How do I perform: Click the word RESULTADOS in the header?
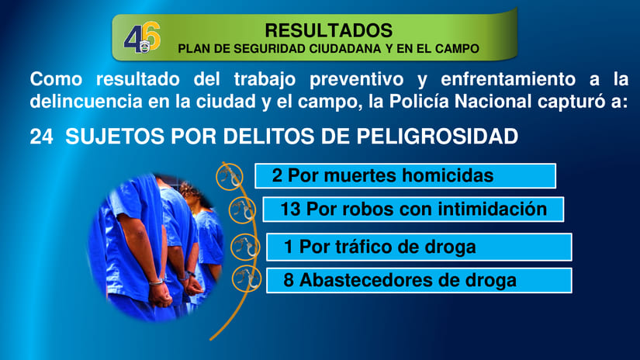point(328,30)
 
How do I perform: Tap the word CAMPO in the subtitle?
point(456,48)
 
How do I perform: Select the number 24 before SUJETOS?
point(41,137)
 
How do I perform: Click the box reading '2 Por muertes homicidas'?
point(405,176)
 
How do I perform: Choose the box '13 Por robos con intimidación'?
point(413,209)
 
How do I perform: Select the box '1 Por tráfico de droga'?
point(419,247)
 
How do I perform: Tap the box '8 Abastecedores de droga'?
point(419,280)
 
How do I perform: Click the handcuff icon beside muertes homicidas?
point(227,176)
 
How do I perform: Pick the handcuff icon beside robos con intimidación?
point(242,209)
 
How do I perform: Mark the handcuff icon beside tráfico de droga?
point(244,247)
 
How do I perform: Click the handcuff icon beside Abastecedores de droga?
point(245,278)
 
